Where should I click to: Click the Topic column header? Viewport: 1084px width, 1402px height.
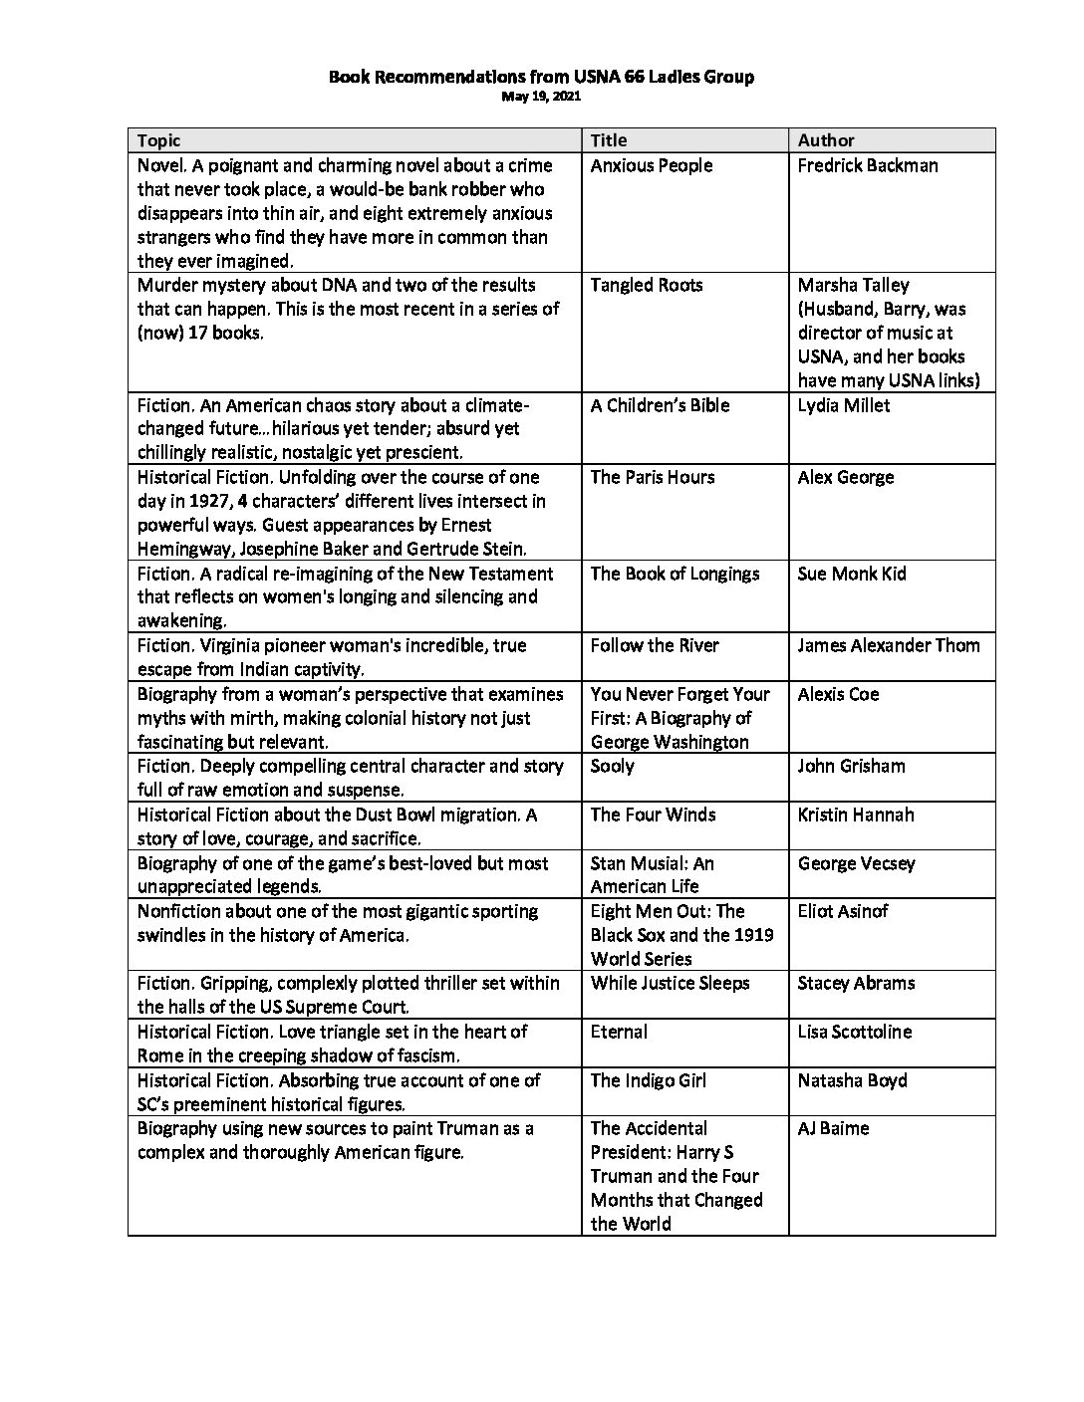point(159,140)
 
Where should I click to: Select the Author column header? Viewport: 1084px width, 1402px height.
point(826,140)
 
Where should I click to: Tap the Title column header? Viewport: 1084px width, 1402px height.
point(609,140)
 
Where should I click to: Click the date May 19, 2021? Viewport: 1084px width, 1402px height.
point(541,97)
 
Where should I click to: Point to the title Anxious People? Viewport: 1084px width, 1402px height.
point(652,165)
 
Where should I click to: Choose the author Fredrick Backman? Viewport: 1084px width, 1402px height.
point(868,165)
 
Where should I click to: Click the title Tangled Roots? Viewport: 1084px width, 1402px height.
point(647,285)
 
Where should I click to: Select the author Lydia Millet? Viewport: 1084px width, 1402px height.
point(844,405)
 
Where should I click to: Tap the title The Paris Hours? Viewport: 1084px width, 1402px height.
point(653,477)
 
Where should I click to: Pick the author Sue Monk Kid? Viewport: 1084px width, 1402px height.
point(852,574)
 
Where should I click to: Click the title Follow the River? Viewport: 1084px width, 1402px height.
point(655,645)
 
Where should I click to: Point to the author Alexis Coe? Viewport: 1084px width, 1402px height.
point(838,694)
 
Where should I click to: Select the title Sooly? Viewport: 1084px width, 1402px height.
point(613,766)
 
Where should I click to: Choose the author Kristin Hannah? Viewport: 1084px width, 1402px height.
point(856,815)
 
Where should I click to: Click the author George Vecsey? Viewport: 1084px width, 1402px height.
point(856,863)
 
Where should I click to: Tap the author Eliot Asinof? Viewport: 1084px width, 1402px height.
point(843,911)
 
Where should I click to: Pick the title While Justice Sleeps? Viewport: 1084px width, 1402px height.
point(669,983)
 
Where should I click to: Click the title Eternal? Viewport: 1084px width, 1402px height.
point(619,1032)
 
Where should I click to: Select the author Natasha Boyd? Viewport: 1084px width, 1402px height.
point(853,1080)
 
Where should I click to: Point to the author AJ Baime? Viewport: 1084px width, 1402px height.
point(833,1128)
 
